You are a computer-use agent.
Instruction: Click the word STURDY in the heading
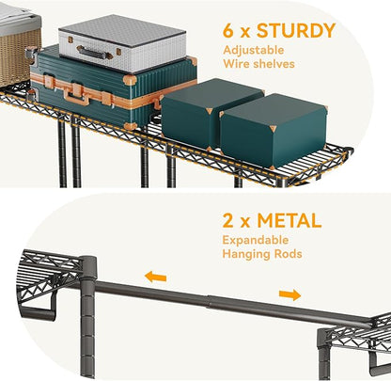point(296,30)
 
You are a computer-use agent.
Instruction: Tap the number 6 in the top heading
point(228,31)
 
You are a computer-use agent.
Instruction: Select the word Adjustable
point(254,51)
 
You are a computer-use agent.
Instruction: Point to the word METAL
point(289,221)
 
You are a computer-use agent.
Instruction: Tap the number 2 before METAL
point(228,221)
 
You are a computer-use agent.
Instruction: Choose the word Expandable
point(256,240)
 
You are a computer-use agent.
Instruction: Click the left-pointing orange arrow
point(155,277)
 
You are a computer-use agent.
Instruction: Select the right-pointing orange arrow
point(289,294)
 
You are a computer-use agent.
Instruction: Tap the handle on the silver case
point(94,53)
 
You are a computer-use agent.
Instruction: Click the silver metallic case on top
point(122,43)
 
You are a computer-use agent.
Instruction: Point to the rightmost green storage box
point(274,130)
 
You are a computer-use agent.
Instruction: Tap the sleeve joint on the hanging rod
point(209,303)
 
